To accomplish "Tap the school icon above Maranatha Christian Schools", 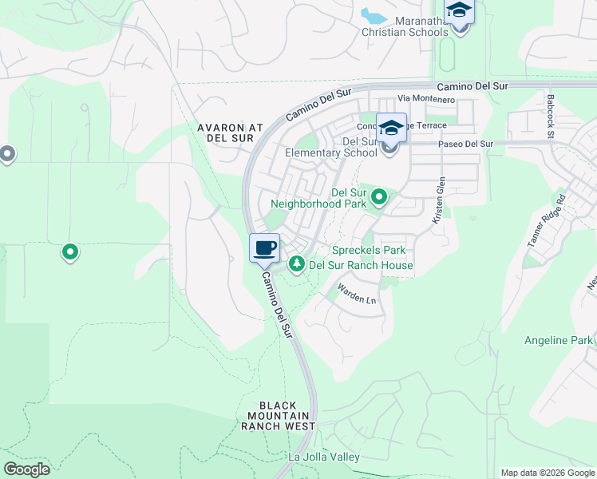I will pyautogui.click(x=460, y=11).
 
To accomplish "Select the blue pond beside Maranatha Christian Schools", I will pyautogui.click(x=372, y=15).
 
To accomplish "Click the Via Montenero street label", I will pyautogui.click(x=426, y=99).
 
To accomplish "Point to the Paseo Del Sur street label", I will pyautogui.click(x=466, y=144).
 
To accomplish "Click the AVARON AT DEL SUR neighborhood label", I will pyautogui.click(x=230, y=133).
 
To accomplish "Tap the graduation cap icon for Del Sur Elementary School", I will pyautogui.click(x=391, y=129).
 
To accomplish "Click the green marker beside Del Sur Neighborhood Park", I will pyautogui.click(x=379, y=196).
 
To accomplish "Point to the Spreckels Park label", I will pyautogui.click(x=369, y=250).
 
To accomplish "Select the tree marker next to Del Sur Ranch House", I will pyautogui.click(x=297, y=263).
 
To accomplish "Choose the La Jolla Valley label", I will pyautogui.click(x=324, y=457).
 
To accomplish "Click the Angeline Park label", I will pyautogui.click(x=559, y=340).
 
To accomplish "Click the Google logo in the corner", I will pyautogui.click(x=26, y=469).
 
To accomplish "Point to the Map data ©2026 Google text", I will pyautogui.click(x=547, y=473).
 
